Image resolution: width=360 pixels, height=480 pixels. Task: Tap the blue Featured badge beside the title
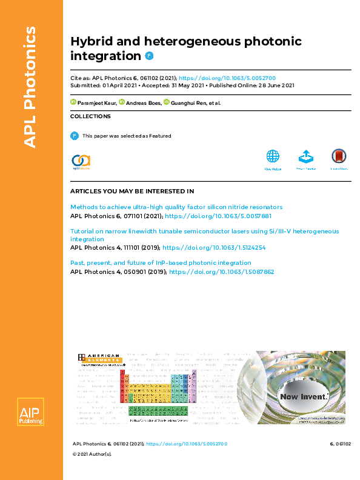click(150, 56)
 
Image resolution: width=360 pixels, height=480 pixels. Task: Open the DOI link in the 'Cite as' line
click(227, 78)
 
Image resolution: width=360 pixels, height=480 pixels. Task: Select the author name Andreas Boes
click(144, 103)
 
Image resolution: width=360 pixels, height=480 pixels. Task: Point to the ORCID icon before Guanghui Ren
click(167, 102)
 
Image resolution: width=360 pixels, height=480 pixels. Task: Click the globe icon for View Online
click(273, 156)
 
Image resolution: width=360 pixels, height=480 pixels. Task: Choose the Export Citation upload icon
click(306, 156)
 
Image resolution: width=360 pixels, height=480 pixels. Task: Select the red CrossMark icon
click(339, 156)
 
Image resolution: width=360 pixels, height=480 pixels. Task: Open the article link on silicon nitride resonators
click(176, 207)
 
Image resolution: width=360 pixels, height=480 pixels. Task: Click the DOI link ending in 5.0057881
click(218, 216)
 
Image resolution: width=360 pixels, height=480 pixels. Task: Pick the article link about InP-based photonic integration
click(161, 263)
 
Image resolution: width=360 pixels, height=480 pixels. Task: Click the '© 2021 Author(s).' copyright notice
click(92, 471)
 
